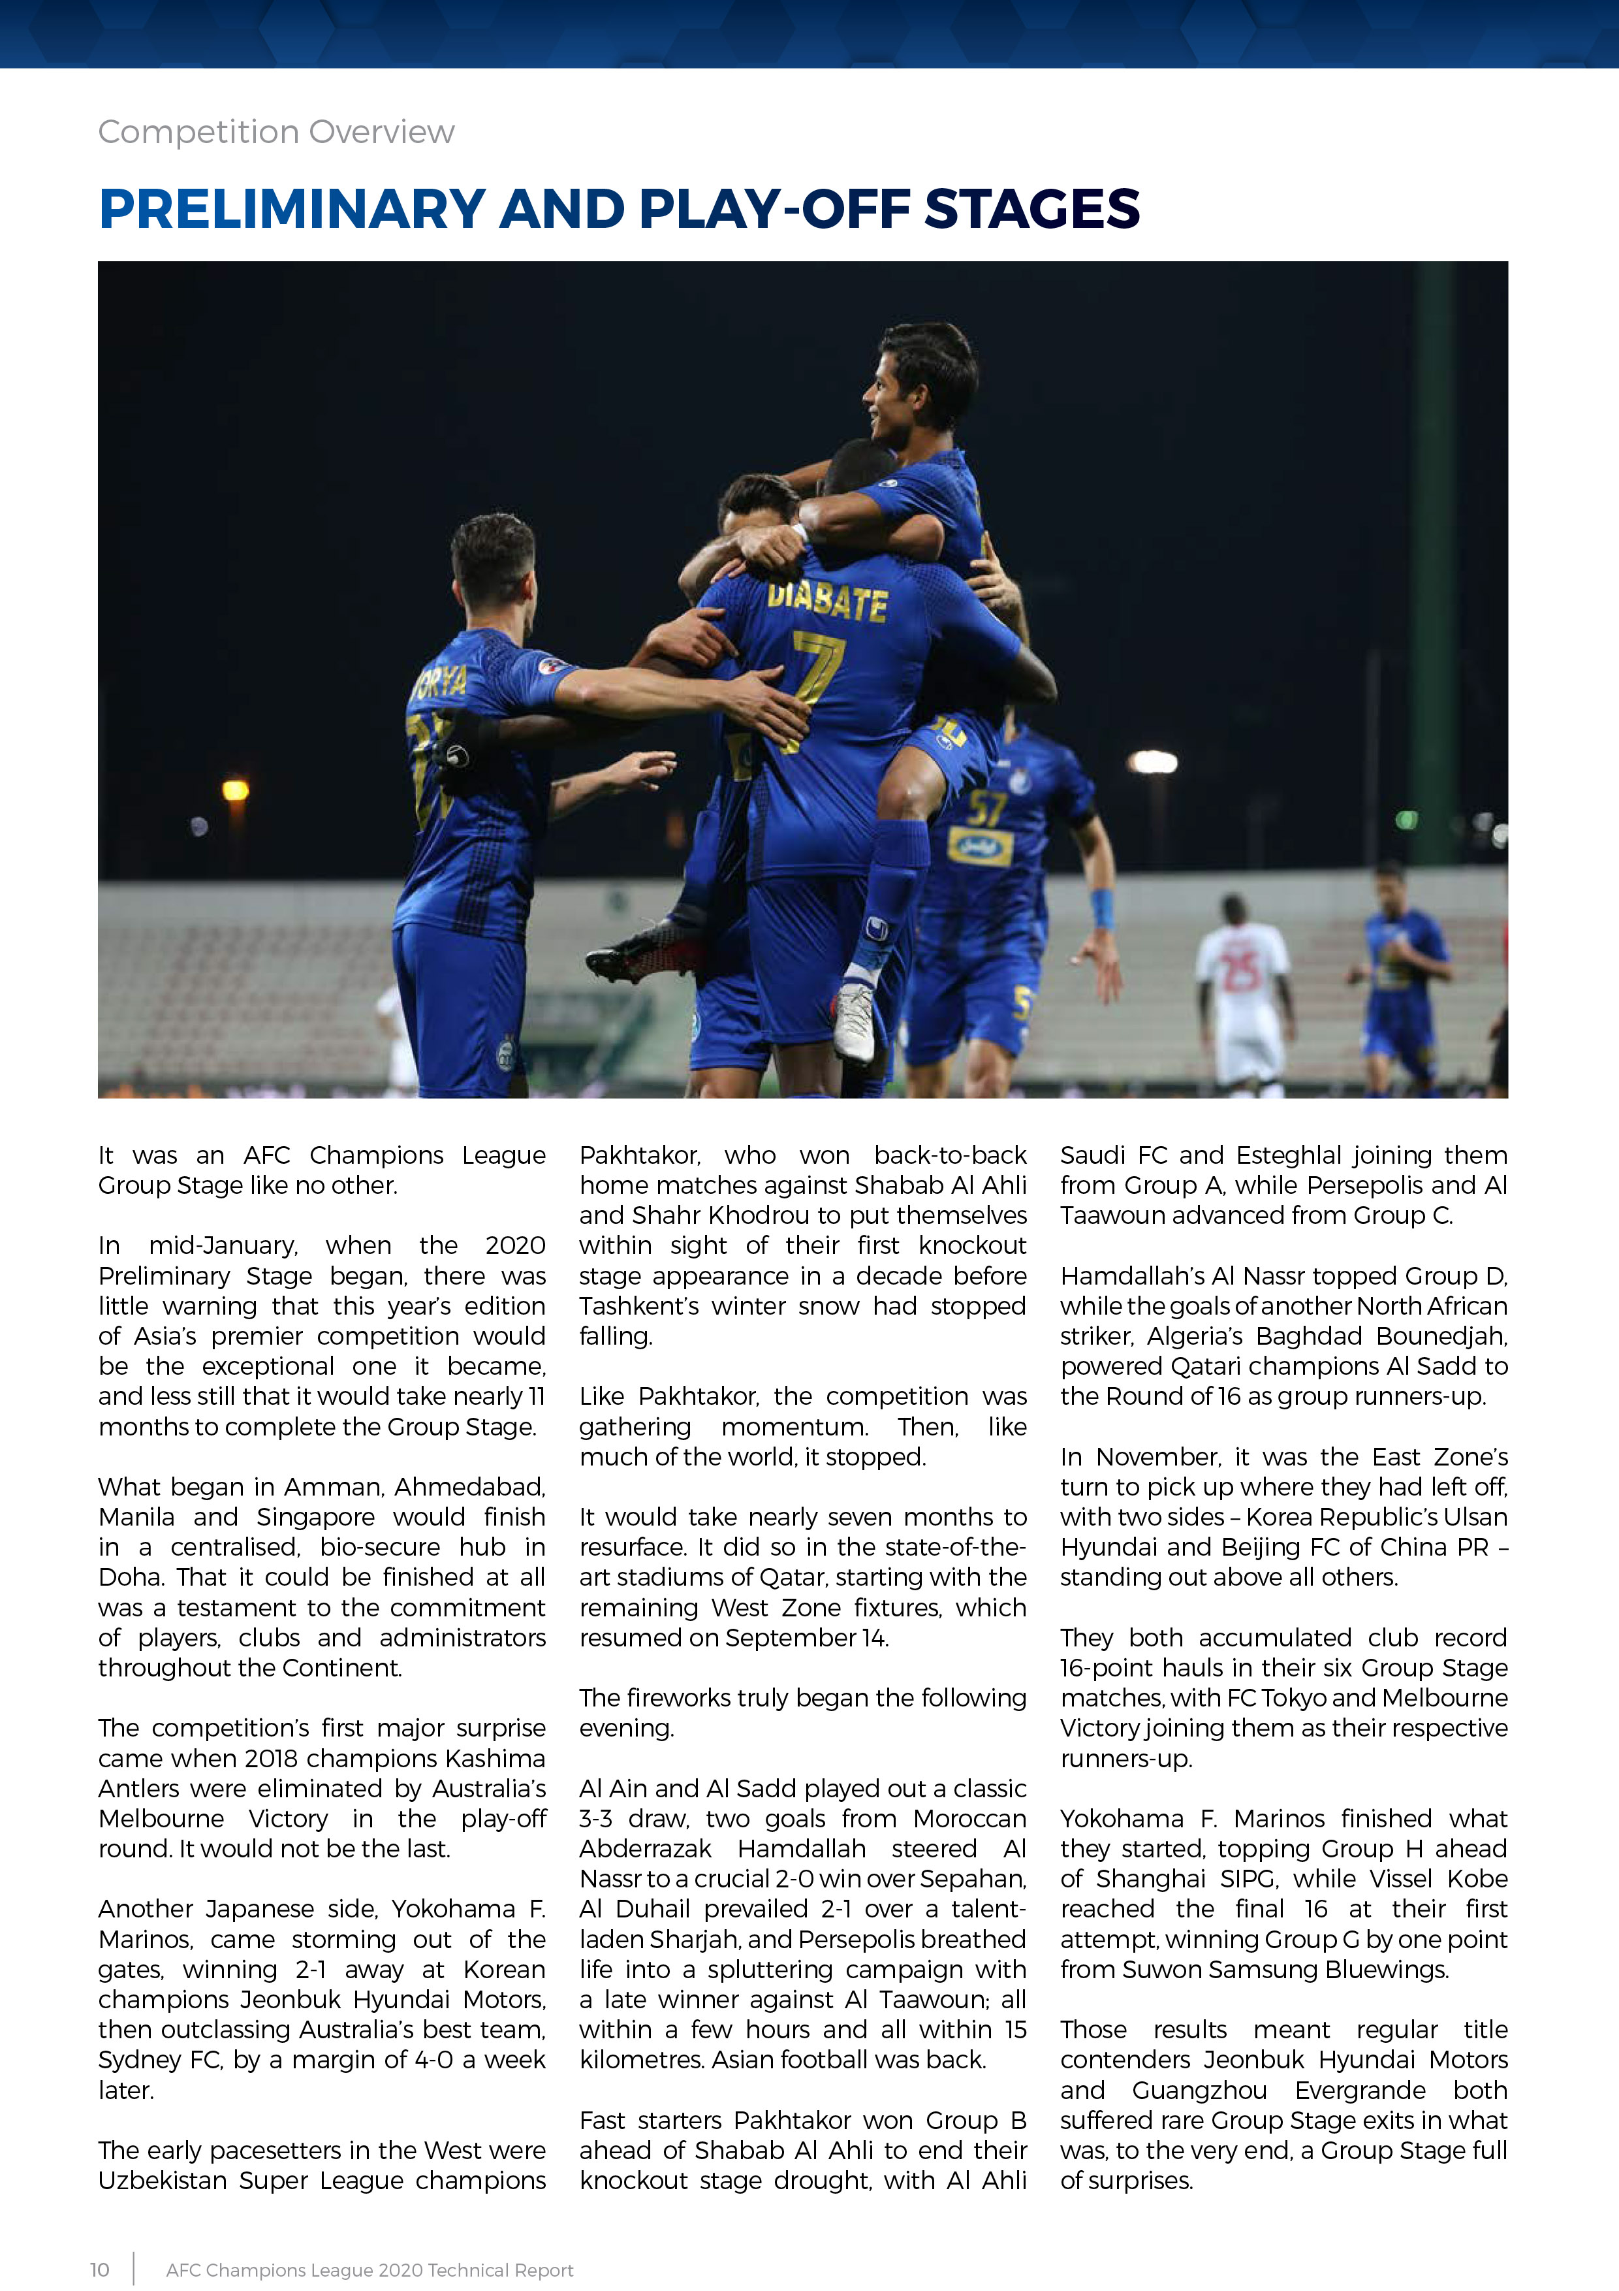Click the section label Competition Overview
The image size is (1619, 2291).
click(x=275, y=132)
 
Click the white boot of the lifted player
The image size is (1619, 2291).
click(x=855, y=1023)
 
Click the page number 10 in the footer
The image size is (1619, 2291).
click(x=100, y=2270)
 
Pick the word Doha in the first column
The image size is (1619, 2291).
click(x=132, y=1578)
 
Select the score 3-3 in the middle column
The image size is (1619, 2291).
click(x=595, y=1818)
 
